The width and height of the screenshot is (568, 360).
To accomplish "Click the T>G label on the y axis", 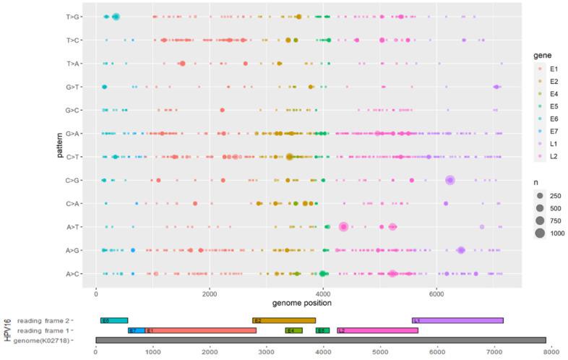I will (x=74, y=17).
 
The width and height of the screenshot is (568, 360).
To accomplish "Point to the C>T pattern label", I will (x=74, y=157).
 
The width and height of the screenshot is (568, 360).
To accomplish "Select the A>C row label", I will (x=74, y=274).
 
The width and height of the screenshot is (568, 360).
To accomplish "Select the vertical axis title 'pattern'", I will (x=62, y=145).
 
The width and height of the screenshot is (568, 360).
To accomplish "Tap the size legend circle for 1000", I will (x=540, y=233).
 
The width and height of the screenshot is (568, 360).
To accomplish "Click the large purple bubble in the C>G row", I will (x=450, y=180).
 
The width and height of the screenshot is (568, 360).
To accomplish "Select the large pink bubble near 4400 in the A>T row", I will (x=344, y=226).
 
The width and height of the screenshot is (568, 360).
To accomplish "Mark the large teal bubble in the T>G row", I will (x=116, y=17).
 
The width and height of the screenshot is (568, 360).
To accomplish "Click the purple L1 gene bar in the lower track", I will (x=457, y=320).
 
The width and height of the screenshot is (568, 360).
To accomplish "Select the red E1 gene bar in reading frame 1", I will (x=201, y=330).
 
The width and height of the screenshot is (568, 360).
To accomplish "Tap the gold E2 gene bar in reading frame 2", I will (x=283, y=320).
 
